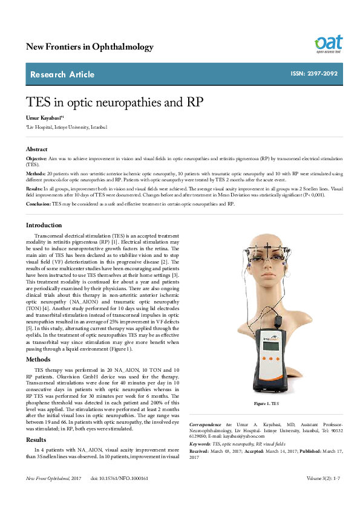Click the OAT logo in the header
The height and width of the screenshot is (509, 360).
(328, 44)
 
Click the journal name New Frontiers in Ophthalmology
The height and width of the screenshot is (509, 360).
(90, 47)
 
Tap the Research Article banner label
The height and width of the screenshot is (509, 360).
(62, 74)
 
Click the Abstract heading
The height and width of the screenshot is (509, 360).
(36, 149)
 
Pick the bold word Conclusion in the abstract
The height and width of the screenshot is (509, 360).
(38, 204)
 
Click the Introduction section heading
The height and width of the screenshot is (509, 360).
(44, 225)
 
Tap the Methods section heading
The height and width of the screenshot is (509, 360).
(38, 359)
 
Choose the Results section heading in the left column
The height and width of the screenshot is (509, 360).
(36, 439)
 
